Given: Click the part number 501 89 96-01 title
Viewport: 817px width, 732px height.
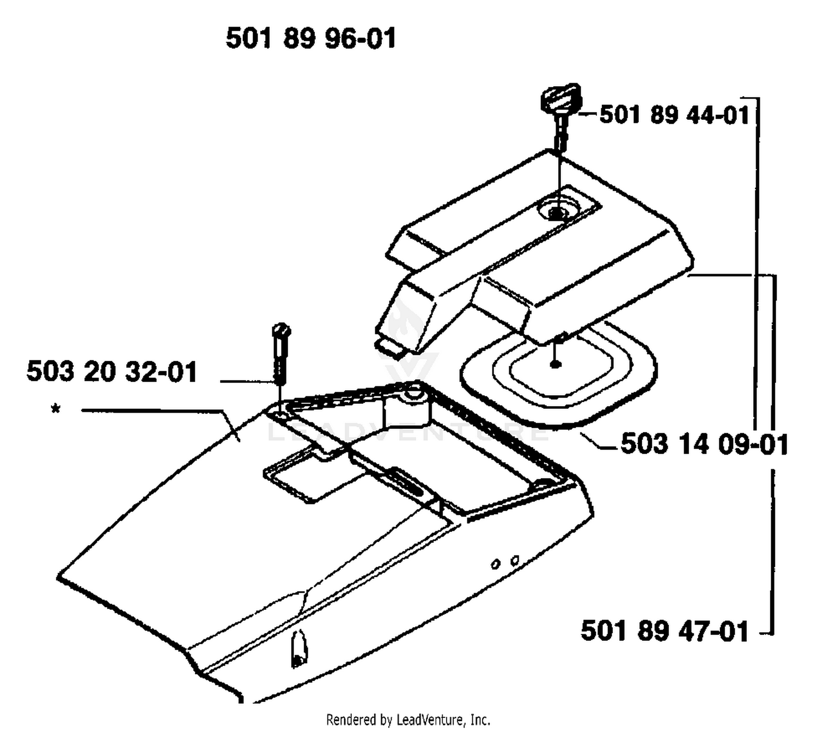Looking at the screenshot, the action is click(310, 39).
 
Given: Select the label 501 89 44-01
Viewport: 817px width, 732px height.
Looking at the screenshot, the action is click(674, 114).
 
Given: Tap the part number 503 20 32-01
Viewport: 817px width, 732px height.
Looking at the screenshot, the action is click(112, 371).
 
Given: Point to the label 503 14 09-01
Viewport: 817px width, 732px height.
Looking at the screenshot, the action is click(704, 444).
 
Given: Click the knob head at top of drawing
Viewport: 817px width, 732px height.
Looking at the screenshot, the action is click(560, 98).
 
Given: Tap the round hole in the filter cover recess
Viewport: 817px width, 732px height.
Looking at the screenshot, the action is click(558, 213).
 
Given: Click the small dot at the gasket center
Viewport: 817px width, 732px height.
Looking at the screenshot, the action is click(556, 365).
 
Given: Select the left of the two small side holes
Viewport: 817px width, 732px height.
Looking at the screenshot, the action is click(496, 565).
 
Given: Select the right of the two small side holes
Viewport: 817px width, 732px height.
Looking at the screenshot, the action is click(515, 560).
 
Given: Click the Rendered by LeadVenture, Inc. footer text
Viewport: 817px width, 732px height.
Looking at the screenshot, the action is click(408, 719).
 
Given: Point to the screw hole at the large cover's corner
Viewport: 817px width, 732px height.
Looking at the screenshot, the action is click(280, 414).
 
